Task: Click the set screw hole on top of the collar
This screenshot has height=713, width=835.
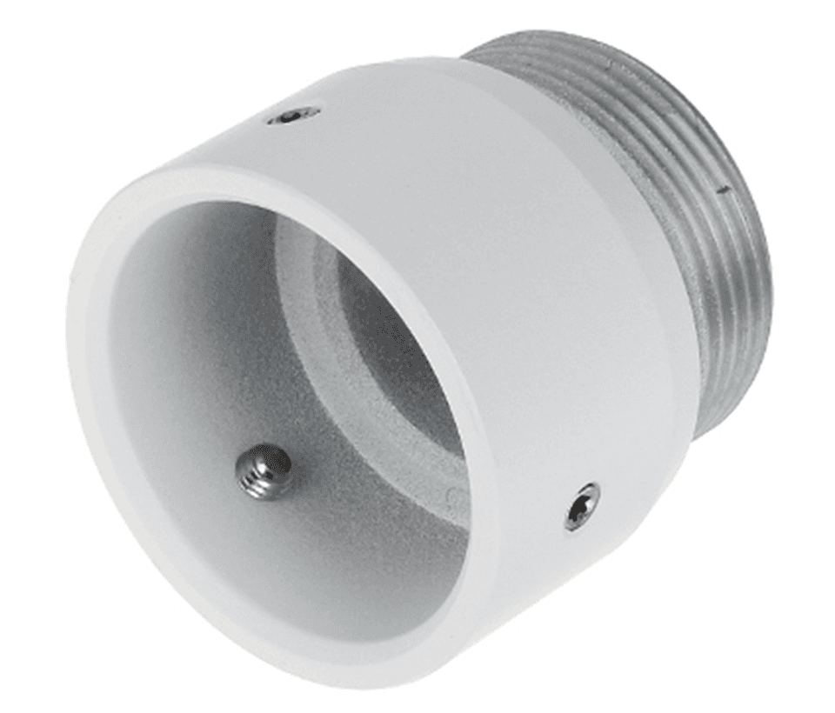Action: [293, 115]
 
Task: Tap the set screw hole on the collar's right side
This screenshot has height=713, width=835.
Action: [581, 506]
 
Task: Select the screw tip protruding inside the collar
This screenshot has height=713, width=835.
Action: [264, 472]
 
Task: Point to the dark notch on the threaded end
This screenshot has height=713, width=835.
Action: [721, 186]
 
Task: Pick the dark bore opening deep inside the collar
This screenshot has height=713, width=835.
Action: [383, 348]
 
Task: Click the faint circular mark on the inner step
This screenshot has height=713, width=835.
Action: [452, 496]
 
